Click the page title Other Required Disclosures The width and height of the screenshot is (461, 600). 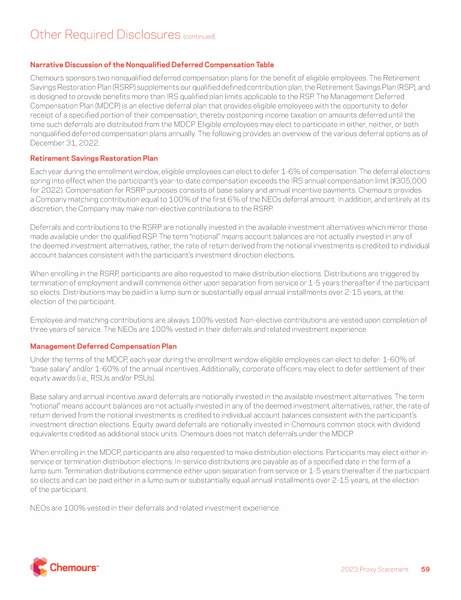[x=104, y=35]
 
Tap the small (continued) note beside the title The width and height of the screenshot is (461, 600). [x=199, y=37]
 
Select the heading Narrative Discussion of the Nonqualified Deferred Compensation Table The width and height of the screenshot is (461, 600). [x=152, y=65]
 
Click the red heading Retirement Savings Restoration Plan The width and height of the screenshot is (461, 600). [x=94, y=158]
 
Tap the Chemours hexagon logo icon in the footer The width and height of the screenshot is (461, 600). [x=39, y=567]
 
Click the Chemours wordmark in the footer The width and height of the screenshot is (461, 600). [x=74, y=568]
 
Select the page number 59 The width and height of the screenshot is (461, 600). [x=426, y=569]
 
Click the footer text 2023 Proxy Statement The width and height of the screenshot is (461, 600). [x=375, y=569]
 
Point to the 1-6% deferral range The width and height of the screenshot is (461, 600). [x=253, y=172]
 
